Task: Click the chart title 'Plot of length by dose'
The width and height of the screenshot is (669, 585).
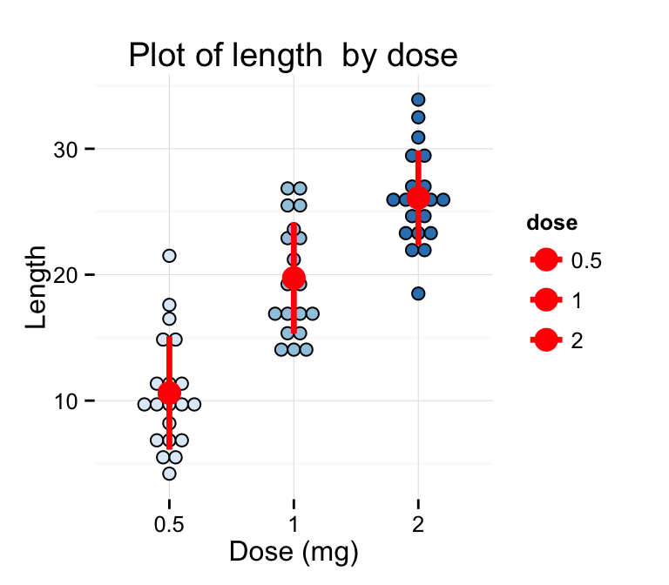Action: tap(293, 56)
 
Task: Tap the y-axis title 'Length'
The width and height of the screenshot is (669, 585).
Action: tap(37, 287)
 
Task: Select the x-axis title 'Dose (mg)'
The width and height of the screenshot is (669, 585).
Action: tap(294, 551)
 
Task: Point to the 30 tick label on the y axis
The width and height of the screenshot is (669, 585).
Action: tap(64, 150)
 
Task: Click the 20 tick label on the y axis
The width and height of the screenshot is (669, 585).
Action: tap(64, 275)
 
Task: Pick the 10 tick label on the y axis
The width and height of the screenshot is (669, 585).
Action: tap(64, 401)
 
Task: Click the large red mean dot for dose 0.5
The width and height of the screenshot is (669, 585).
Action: tap(169, 393)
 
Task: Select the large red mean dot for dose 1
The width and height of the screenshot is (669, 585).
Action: tap(294, 279)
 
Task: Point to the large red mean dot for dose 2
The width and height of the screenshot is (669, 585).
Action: tap(418, 198)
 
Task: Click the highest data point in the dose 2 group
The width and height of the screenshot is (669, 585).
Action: tap(418, 100)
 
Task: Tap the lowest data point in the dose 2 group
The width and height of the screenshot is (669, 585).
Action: tap(418, 293)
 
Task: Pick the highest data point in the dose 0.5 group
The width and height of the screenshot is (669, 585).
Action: tap(169, 256)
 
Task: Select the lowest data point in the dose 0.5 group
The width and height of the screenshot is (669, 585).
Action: tap(169, 474)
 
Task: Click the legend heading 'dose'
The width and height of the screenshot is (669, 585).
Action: tap(551, 223)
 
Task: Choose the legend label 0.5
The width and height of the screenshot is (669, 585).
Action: tap(586, 259)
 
